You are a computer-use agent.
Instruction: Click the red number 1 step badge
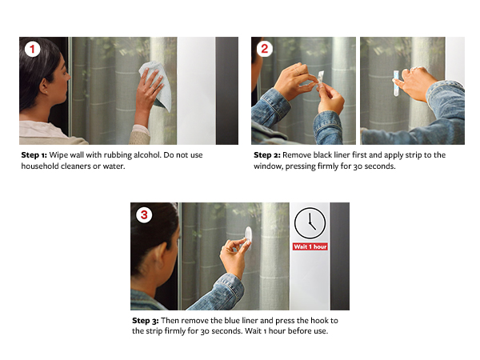32,49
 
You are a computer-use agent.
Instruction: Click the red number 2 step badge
264,49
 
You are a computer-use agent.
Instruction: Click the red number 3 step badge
144,215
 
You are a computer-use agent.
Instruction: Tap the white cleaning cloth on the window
155,85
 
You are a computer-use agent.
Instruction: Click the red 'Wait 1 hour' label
310,246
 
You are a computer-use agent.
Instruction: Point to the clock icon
310,223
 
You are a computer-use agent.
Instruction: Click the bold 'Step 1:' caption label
34,155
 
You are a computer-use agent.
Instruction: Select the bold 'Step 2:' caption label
267,155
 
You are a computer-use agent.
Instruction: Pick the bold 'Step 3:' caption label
146,321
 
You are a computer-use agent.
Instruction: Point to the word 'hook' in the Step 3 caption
318,321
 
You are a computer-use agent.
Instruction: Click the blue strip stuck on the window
396,83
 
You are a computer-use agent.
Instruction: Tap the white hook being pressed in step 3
248,238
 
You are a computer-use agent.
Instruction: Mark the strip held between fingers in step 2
320,79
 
